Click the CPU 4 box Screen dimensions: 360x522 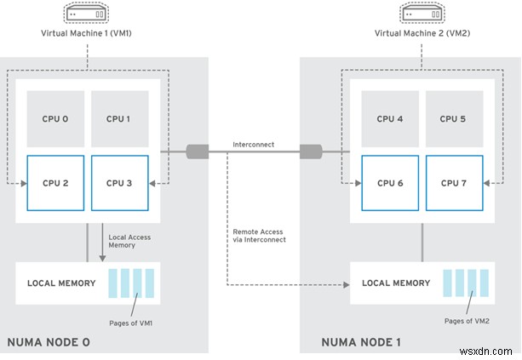pyautogui.click(x=391, y=118)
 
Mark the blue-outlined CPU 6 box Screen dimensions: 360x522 pyautogui.click(x=391, y=182)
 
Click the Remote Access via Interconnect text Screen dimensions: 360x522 pyautogui.click(x=259, y=236)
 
